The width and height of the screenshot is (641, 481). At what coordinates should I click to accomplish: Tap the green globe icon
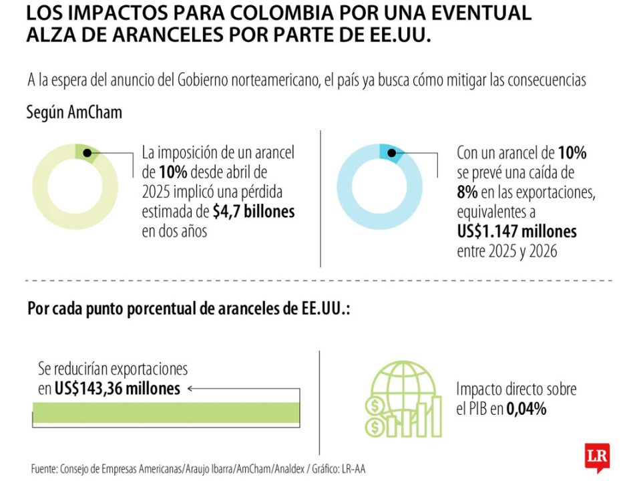[403, 399]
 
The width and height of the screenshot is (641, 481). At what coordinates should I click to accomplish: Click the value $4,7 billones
[254, 212]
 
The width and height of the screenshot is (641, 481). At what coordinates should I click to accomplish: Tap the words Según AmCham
[74, 112]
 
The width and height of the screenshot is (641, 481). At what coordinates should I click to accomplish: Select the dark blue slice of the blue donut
[390, 152]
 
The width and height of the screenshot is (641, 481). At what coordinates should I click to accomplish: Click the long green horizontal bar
[166, 412]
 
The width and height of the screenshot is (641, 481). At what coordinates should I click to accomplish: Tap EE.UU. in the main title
[399, 35]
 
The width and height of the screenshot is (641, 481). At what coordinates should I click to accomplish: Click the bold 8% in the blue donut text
[467, 193]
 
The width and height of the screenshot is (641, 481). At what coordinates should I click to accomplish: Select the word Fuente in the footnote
[43, 470]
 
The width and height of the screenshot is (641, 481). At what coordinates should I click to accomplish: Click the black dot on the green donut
[87, 153]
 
